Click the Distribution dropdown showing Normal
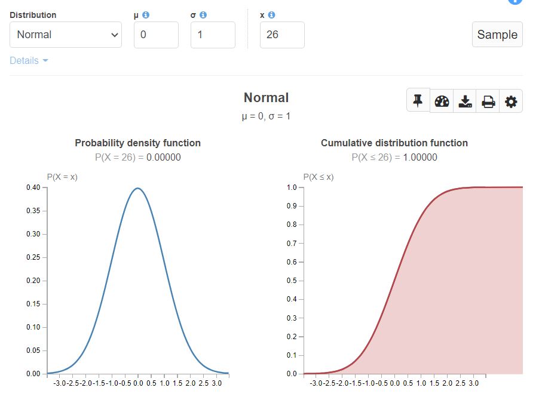click(66, 35)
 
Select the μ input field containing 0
click(156, 35)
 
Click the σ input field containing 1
click(213, 35)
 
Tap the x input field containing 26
click(282, 35)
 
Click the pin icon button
click(418, 101)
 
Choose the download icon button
click(465, 102)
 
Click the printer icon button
click(488, 102)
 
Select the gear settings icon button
click(511, 102)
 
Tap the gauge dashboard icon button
click(442, 102)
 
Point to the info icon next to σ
click(203, 15)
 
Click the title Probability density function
click(137, 143)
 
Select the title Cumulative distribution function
click(394, 143)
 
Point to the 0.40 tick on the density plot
click(33, 187)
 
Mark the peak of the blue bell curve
click(138, 188)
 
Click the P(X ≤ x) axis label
click(318, 177)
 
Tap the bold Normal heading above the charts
click(266, 98)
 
